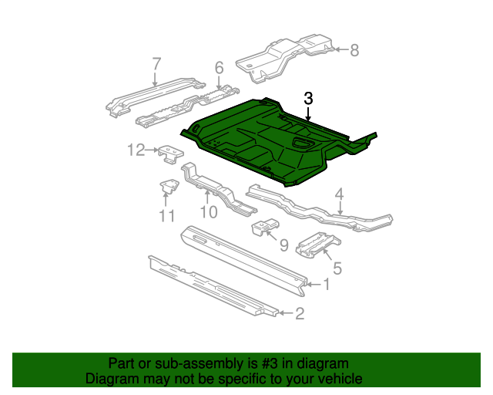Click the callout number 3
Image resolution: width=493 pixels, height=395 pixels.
(308, 99)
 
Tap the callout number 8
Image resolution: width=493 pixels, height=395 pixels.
(354, 51)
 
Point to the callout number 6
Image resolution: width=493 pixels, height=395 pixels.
(219, 69)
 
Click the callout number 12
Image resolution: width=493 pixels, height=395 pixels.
(136, 150)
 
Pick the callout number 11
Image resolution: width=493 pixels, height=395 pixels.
(167, 216)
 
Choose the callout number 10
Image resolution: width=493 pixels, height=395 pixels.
(208, 211)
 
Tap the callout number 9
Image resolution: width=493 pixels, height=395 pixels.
(283, 245)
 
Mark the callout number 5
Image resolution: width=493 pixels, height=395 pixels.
(337, 269)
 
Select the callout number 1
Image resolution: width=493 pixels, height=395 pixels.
(326, 285)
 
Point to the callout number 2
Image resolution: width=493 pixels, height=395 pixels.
(300, 312)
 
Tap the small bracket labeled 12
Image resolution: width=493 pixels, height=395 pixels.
(169, 155)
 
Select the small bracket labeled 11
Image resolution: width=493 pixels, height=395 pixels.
(168, 187)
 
